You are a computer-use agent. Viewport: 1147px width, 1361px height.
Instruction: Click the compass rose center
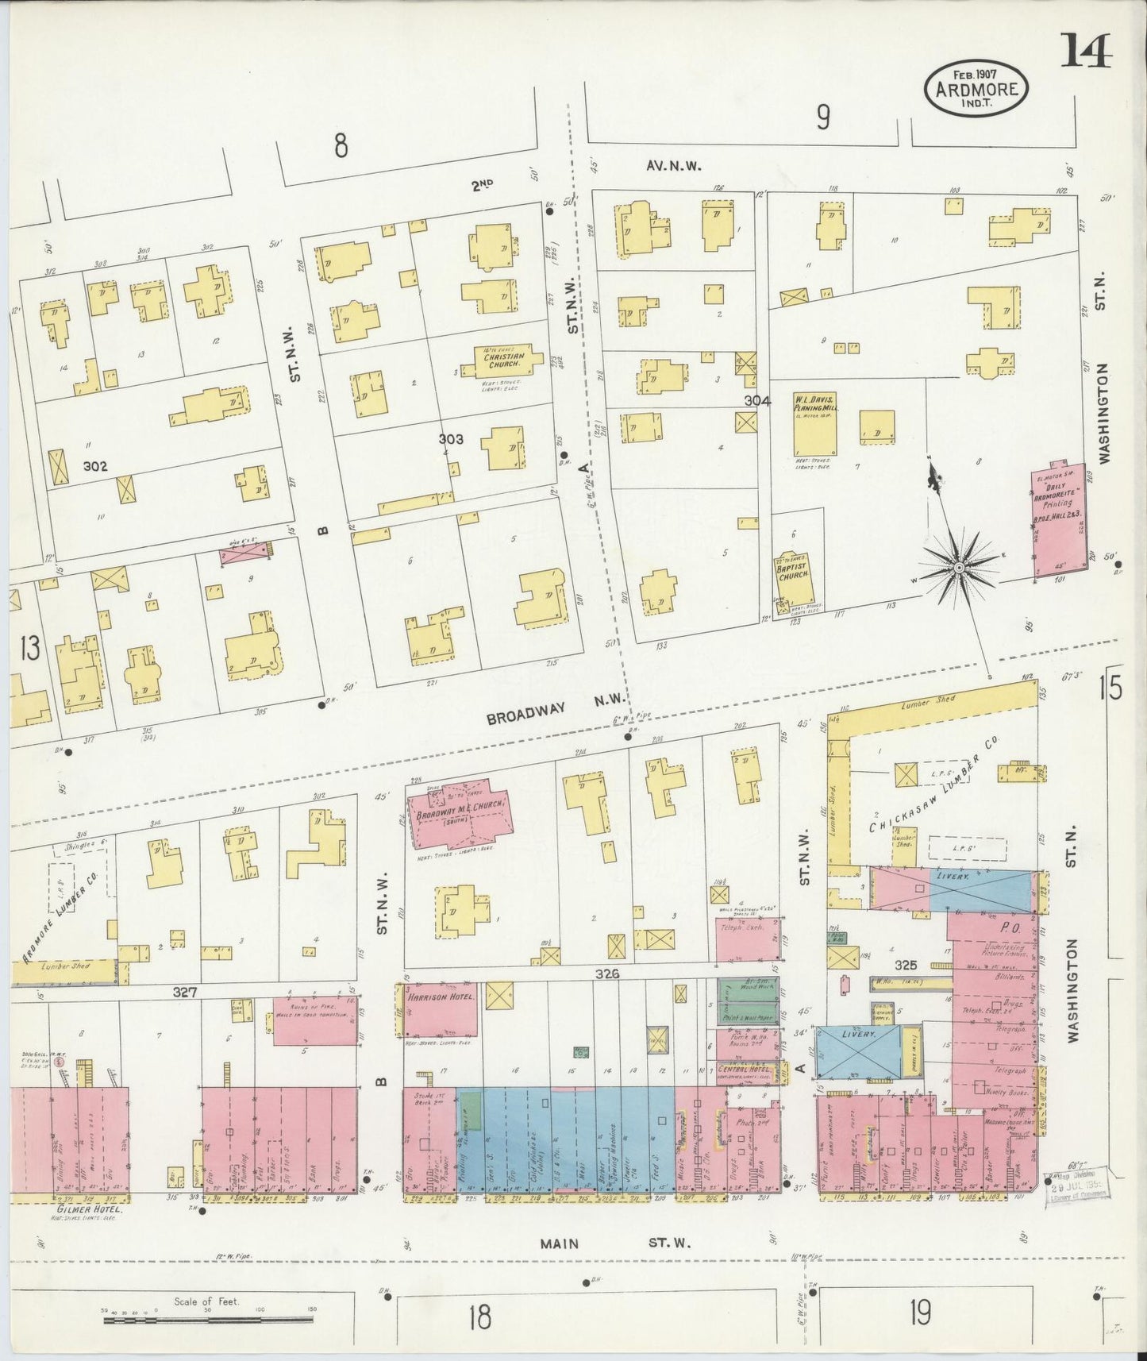958,567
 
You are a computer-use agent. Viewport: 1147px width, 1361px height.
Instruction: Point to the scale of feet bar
210,1320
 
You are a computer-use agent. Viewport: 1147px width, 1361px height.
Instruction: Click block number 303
451,439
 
